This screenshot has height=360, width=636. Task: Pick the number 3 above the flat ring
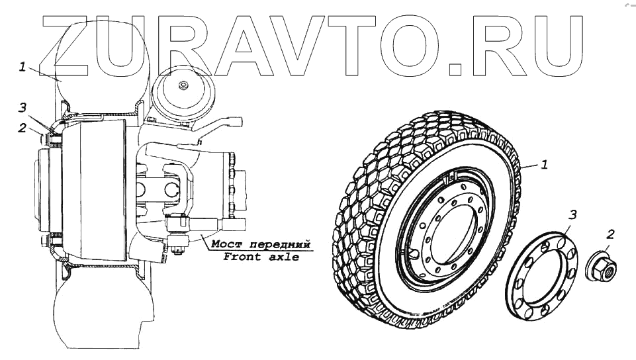[573, 214]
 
